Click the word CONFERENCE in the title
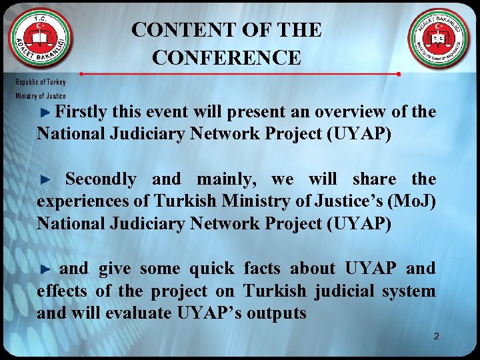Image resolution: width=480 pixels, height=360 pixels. (x=227, y=58)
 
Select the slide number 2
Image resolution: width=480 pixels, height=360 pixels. (x=436, y=336)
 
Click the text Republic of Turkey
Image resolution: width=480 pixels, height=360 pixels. (x=41, y=82)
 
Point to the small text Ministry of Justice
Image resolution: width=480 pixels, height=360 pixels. (x=41, y=96)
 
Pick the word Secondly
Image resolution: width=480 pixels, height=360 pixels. (x=101, y=179)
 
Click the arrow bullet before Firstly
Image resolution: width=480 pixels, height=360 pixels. (x=45, y=112)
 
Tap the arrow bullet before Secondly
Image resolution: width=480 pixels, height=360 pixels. (x=45, y=180)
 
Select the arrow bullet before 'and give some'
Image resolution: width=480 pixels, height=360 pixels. (x=45, y=270)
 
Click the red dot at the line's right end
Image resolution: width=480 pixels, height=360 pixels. (x=398, y=74)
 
